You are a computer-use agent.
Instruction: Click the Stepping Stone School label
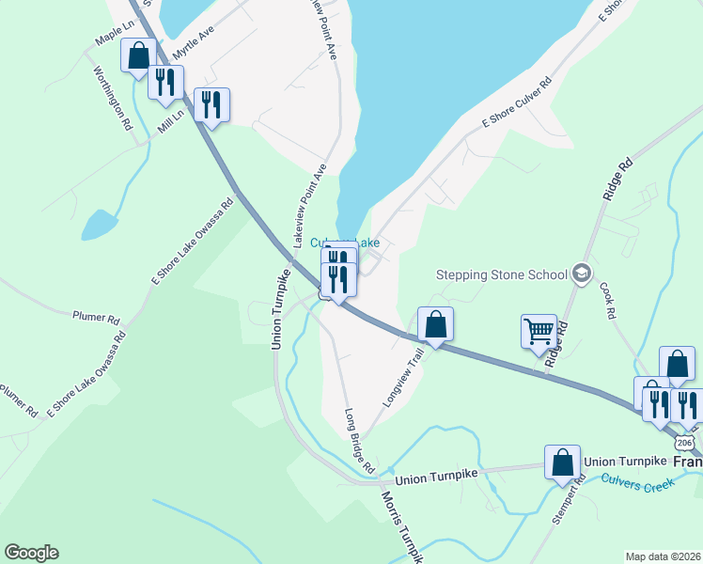pyautogui.click(x=502, y=274)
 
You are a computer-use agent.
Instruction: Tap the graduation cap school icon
pyautogui.click(x=582, y=274)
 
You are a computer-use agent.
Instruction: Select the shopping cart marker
pyautogui.click(x=539, y=331)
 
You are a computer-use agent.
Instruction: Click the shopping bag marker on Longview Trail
pyautogui.click(x=435, y=325)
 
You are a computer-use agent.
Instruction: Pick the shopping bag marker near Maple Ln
pyautogui.click(x=138, y=55)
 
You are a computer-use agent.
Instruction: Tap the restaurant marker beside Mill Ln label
pyautogui.click(x=164, y=81)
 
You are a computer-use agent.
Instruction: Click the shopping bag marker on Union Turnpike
pyautogui.click(x=562, y=463)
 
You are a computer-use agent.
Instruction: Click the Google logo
pyautogui.click(x=31, y=553)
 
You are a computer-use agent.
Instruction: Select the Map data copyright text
pyautogui.click(x=664, y=556)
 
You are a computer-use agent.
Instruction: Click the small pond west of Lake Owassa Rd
pyautogui.click(x=99, y=226)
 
